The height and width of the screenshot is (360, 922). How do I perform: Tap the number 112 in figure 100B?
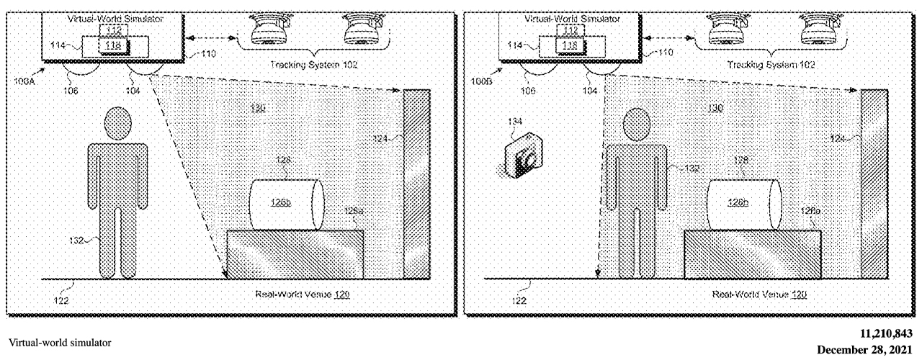tap(570, 30)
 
